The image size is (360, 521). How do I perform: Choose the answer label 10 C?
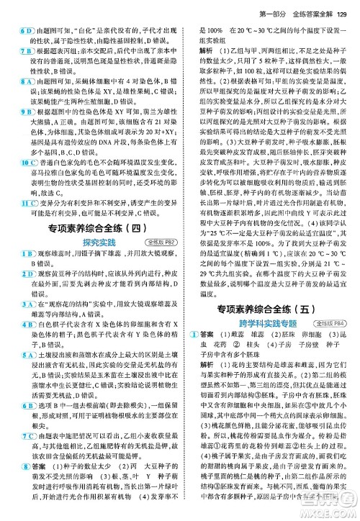click(26, 163)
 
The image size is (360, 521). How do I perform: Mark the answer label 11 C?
click(26, 202)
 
